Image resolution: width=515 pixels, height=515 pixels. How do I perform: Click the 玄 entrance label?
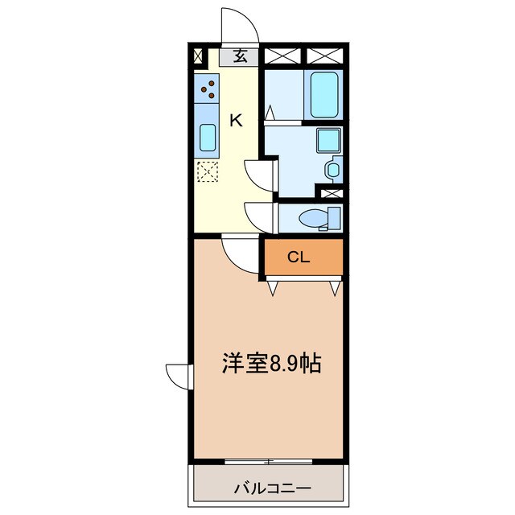240,56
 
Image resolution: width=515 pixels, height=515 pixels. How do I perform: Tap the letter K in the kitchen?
237,121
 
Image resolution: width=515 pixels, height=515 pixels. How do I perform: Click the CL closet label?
299,257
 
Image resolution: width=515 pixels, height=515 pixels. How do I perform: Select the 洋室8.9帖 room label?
272,365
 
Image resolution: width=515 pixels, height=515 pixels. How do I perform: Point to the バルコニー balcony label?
272,488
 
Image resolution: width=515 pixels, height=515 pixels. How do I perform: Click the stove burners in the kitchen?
208,88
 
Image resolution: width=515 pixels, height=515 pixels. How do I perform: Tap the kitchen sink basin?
207,139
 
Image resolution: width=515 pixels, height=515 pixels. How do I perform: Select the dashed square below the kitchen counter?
207,171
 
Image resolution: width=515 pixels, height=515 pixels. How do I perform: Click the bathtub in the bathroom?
325,95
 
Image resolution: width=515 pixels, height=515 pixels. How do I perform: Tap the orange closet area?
303,258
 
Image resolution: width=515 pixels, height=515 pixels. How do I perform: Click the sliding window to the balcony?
271,461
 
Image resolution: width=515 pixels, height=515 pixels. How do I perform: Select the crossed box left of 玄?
198,56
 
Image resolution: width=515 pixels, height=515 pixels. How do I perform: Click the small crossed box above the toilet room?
331,193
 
